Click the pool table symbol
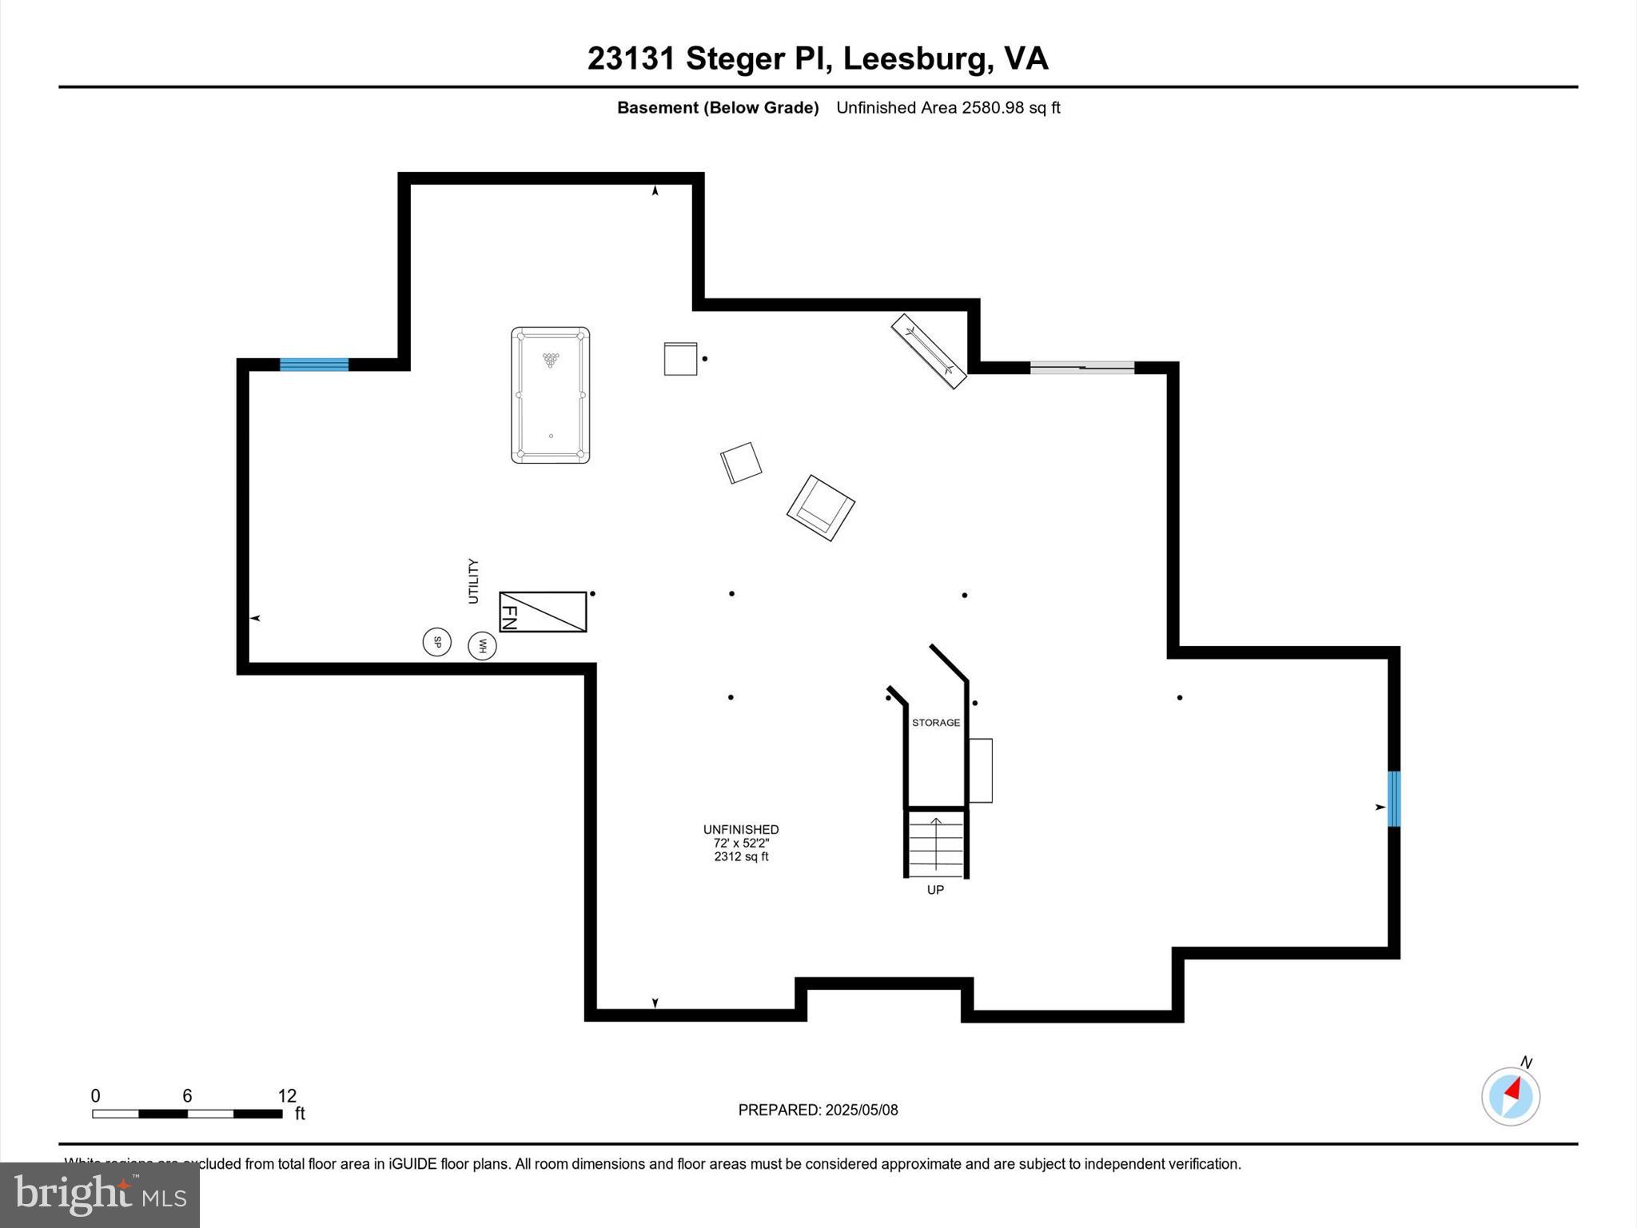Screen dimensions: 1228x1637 click(550, 395)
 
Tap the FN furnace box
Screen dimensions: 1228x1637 click(543, 612)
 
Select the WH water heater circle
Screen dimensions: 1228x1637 click(482, 646)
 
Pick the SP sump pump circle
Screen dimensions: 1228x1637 click(437, 641)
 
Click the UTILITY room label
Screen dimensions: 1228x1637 click(473, 581)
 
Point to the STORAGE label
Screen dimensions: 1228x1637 click(936, 723)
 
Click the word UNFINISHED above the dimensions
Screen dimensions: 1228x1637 click(741, 830)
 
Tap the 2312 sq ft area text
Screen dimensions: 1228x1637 click(741, 857)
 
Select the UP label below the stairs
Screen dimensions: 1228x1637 click(935, 890)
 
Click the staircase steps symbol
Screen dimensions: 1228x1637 click(936, 843)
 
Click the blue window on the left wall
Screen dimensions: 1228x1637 click(314, 365)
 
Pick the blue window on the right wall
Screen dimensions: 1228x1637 click(1394, 799)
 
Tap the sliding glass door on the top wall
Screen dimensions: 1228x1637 click(1082, 368)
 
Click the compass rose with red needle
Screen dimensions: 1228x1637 click(1511, 1096)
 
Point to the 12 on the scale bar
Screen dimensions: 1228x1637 click(287, 1096)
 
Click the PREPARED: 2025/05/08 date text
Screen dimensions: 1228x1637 click(818, 1110)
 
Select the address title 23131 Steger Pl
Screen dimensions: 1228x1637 click(818, 58)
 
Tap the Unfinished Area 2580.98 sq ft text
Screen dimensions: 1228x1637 click(948, 108)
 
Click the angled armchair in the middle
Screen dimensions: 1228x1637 click(821, 508)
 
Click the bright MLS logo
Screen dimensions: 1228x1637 click(100, 1195)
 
